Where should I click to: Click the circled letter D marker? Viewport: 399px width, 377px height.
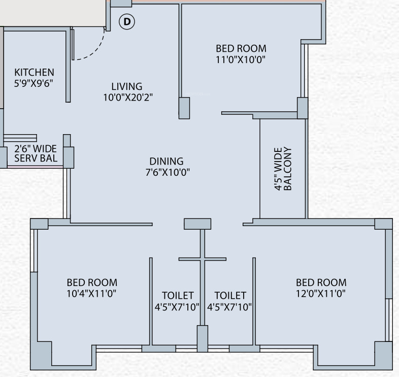pos(127,22)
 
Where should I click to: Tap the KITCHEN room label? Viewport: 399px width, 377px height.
pos(34,72)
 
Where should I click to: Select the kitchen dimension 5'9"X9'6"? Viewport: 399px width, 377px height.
pos(34,83)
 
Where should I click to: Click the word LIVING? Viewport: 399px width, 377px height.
pos(127,86)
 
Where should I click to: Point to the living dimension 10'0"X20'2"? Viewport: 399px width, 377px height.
pos(128,98)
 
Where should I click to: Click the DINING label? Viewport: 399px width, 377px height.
pos(166,161)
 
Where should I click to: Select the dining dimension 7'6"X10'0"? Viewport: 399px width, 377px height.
pos(167,172)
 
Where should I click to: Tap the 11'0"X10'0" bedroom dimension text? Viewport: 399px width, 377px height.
pos(241,59)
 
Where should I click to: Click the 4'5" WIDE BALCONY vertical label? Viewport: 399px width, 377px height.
pos(283,169)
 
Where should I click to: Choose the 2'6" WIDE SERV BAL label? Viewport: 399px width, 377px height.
pos(36,153)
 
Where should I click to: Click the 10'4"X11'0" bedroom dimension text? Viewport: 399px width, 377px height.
pos(92,293)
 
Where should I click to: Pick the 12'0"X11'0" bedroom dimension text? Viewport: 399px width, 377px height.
pos(321,293)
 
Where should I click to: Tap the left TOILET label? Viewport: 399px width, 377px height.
pos(178,295)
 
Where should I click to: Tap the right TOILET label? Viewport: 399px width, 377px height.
pos(230,295)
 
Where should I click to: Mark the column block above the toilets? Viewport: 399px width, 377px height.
pos(197,224)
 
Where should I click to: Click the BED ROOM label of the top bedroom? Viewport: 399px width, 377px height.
pos(241,48)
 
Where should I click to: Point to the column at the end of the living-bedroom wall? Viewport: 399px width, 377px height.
pos(184,108)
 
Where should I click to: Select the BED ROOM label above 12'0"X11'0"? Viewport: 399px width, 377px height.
pos(321,282)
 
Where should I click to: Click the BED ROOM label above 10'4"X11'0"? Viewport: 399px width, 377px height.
pos(92,282)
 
